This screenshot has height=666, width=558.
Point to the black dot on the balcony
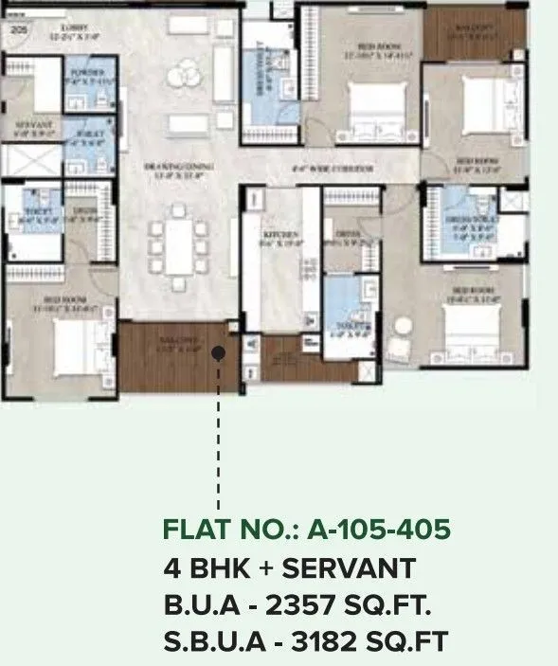coord(219,353)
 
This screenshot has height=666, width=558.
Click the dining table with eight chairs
coord(178,245)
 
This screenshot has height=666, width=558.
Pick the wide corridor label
coord(333,169)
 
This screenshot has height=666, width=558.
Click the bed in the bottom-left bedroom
coord(66,347)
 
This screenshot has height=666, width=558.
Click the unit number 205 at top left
coord(18,30)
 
